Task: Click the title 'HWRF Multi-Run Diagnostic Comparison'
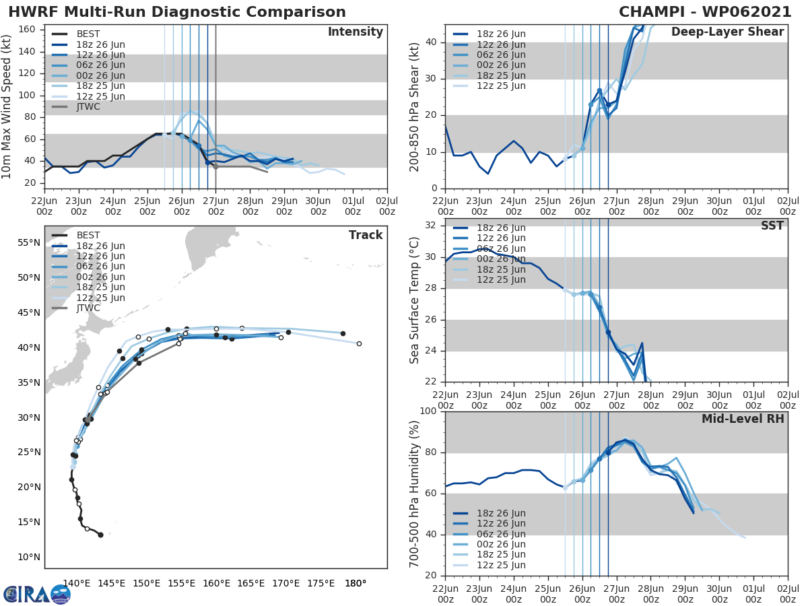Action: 177,12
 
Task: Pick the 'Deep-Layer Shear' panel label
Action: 727,32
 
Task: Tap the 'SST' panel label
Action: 772,226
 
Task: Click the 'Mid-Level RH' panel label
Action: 743,419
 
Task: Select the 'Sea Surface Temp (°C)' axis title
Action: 415,300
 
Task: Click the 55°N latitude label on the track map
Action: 28,242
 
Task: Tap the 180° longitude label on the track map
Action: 355,583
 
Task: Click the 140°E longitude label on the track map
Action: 76,583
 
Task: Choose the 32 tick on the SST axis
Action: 431,226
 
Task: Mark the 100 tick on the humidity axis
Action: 428,411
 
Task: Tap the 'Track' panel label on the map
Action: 365,235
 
